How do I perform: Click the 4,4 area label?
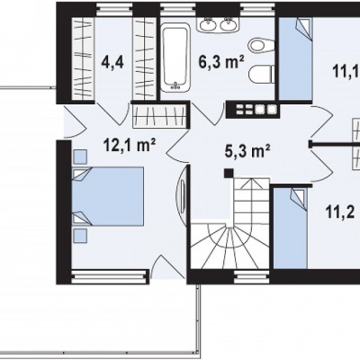coord(112,63)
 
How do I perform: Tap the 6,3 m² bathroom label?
coord(221,62)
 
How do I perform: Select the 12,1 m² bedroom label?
coord(130,146)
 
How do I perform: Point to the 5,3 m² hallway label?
coord(247,151)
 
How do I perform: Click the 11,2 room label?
coord(340,212)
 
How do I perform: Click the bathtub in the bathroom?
coord(175,58)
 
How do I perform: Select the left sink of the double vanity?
coord(209,23)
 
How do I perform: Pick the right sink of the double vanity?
coord(229,23)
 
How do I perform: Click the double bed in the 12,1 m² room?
coord(108,196)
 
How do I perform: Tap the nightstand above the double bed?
coord(80,157)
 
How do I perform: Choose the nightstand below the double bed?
coord(80,236)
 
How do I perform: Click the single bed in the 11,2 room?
coord(291,228)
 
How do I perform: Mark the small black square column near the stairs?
coord(229,173)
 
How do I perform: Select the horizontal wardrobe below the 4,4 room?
coord(158,116)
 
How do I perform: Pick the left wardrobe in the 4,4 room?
coord(83,58)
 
